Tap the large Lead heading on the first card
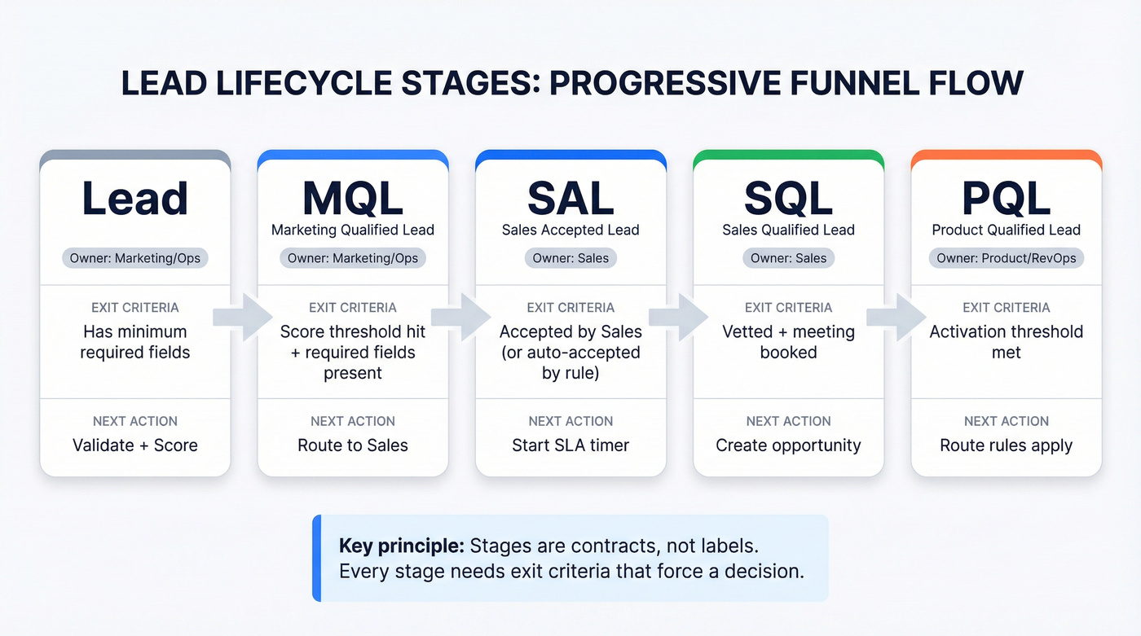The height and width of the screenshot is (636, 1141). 135,198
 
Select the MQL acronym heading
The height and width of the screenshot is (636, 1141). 353,198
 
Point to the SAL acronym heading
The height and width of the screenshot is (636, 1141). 570,198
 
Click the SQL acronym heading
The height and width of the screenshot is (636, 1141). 788,198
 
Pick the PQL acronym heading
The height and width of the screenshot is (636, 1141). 1006,198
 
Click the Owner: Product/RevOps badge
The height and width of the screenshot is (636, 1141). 1006,258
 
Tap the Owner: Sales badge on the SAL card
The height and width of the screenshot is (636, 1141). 570,258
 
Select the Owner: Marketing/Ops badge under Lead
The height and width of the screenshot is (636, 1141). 135,258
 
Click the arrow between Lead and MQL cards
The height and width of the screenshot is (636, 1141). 242,317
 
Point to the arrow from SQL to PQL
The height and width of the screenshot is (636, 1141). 896,317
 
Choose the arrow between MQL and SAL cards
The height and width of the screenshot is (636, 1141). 460,317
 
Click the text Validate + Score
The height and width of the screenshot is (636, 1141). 135,445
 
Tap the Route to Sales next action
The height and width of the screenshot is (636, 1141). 353,445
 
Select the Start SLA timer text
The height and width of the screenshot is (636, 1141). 570,445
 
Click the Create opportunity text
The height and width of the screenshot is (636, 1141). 788,445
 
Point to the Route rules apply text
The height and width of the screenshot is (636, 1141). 1006,445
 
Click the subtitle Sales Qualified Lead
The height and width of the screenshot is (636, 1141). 788,230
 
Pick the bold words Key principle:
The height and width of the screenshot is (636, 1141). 401,546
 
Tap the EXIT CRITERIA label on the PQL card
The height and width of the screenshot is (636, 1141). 1006,308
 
